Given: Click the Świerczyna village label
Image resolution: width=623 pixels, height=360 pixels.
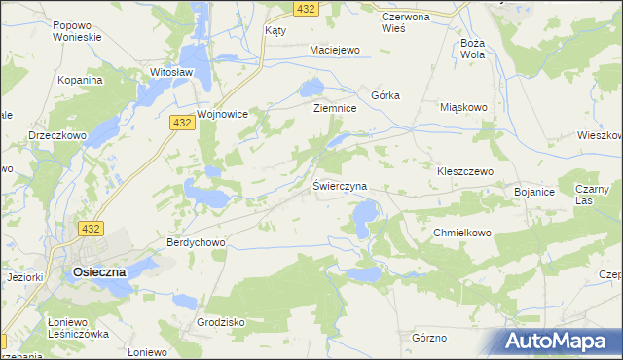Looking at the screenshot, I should click(x=340, y=185).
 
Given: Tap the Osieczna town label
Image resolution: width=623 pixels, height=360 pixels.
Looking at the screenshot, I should click(x=100, y=273).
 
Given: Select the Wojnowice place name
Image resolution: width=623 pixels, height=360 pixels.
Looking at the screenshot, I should click(x=223, y=114).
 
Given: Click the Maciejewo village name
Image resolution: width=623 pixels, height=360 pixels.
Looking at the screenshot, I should click(x=335, y=49).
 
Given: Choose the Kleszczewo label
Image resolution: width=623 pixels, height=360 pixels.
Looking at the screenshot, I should click(x=466, y=170).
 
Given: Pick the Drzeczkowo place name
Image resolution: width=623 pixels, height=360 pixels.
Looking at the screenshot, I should click(x=57, y=135).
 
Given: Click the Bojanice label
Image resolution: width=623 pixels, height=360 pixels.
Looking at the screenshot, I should click(x=534, y=193).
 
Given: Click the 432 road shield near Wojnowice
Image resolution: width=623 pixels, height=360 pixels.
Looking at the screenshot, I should click(x=179, y=124).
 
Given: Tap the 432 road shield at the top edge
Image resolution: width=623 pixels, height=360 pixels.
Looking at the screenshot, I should click(x=304, y=8).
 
